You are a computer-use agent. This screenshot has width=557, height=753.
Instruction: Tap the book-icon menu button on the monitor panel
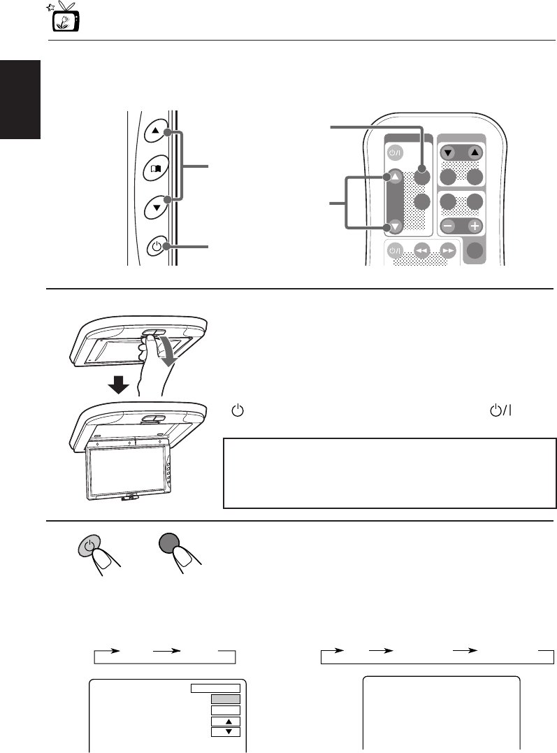pos(155,168)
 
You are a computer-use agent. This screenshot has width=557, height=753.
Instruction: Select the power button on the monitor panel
pos(156,246)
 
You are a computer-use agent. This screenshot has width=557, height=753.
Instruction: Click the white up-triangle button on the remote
pos(396,178)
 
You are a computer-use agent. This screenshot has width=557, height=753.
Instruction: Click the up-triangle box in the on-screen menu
pos(225,721)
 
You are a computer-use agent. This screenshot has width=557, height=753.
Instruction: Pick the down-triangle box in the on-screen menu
pos(225,732)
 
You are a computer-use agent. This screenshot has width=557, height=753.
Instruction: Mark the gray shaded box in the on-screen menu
pos(225,698)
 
